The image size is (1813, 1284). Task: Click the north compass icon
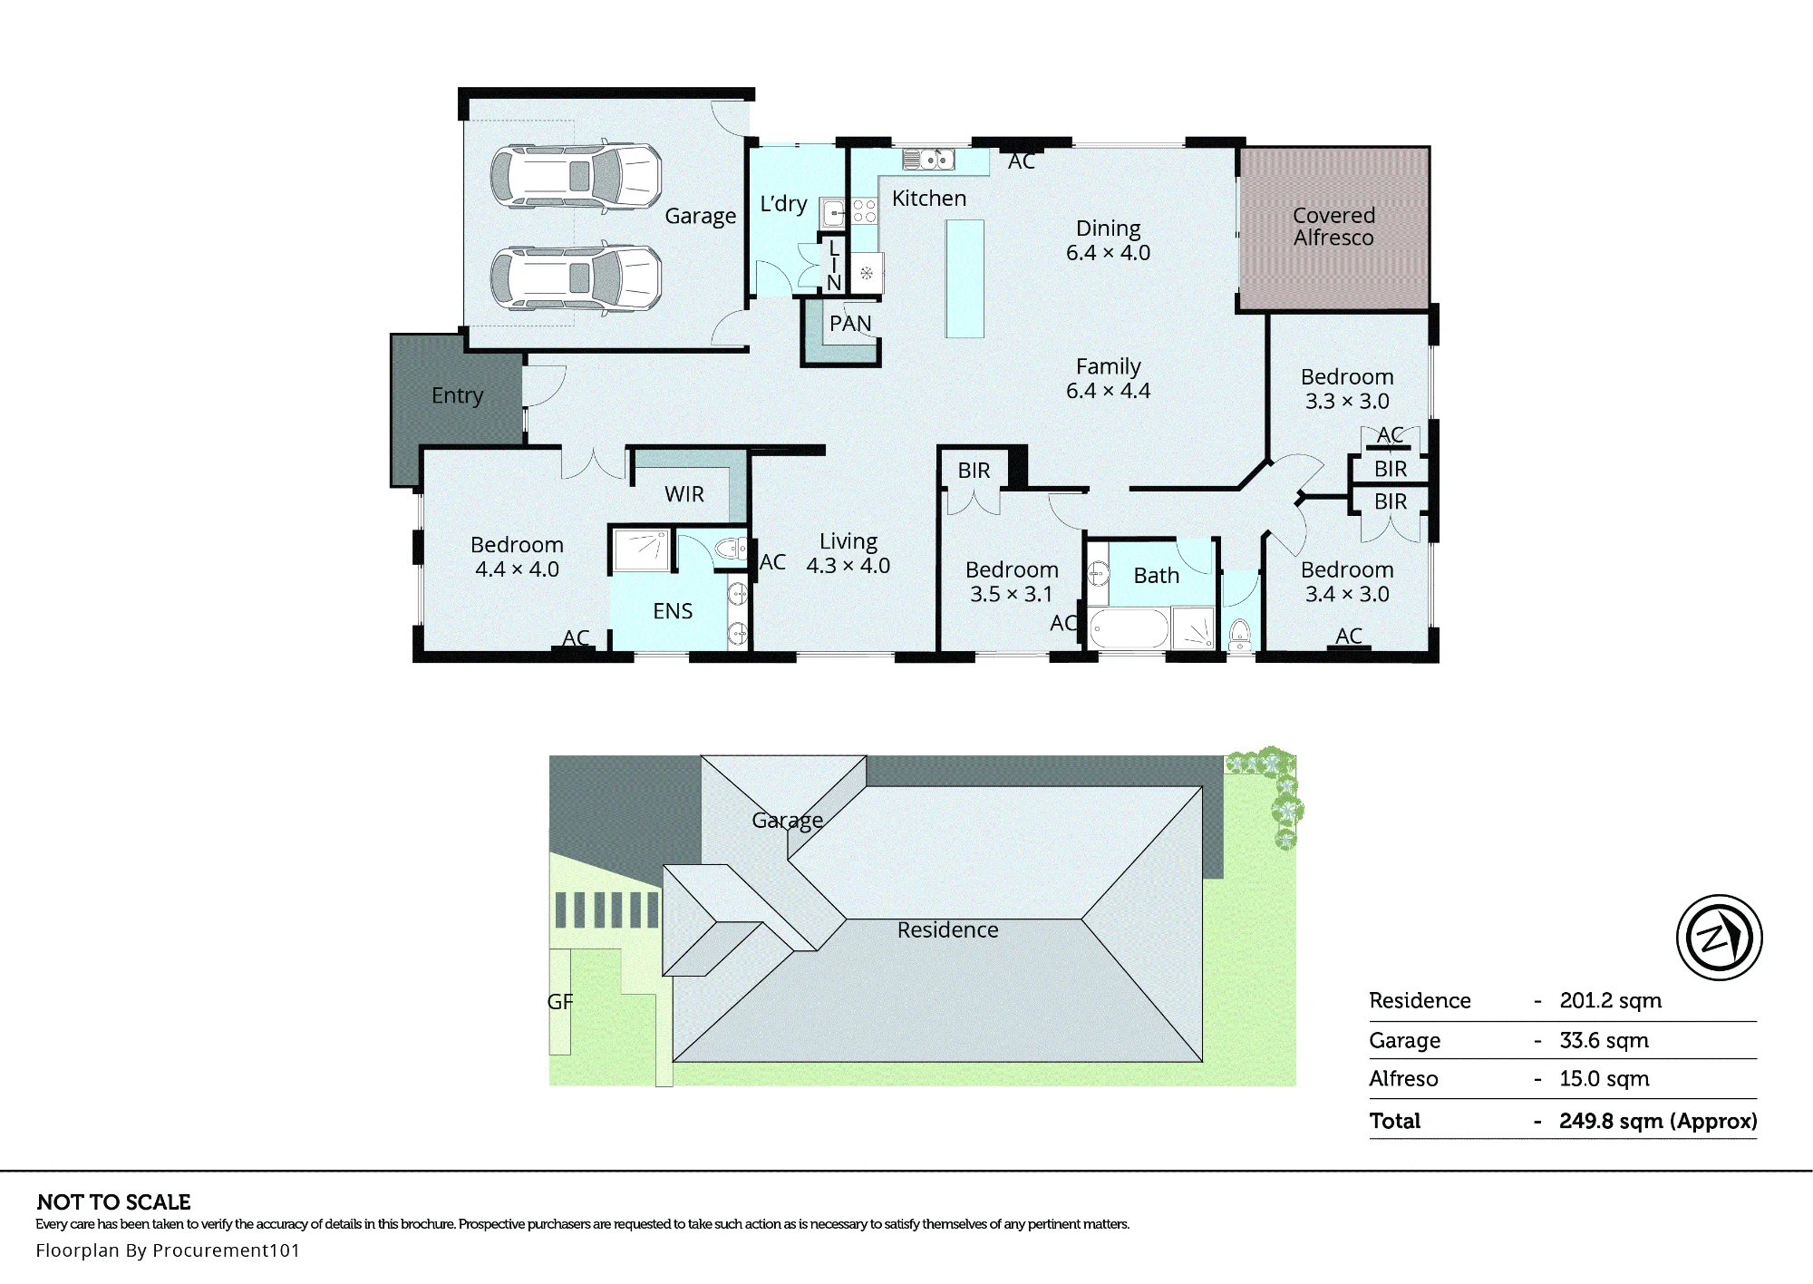click(x=1719, y=938)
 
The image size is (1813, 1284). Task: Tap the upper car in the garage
click(x=576, y=178)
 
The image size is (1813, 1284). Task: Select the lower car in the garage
click(x=576, y=279)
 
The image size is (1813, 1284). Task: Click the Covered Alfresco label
click(x=1333, y=227)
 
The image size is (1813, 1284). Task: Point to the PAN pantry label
click(x=850, y=324)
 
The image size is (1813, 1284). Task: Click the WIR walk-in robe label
click(x=684, y=494)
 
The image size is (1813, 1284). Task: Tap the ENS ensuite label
click(x=673, y=611)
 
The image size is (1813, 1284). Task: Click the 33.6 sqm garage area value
click(x=1605, y=1040)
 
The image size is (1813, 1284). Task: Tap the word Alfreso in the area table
click(x=1403, y=1079)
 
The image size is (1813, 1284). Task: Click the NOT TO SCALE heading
click(x=114, y=1202)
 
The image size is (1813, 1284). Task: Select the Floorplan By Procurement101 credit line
click(x=168, y=1250)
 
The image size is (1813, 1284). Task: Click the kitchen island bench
click(x=965, y=278)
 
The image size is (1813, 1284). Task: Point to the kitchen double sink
click(x=928, y=160)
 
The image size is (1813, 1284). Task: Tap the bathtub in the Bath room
click(x=1129, y=628)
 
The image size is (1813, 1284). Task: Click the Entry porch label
click(x=457, y=395)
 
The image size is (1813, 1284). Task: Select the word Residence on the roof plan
click(x=948, y=929)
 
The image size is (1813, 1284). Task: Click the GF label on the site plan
click(x=560, y=1002)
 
